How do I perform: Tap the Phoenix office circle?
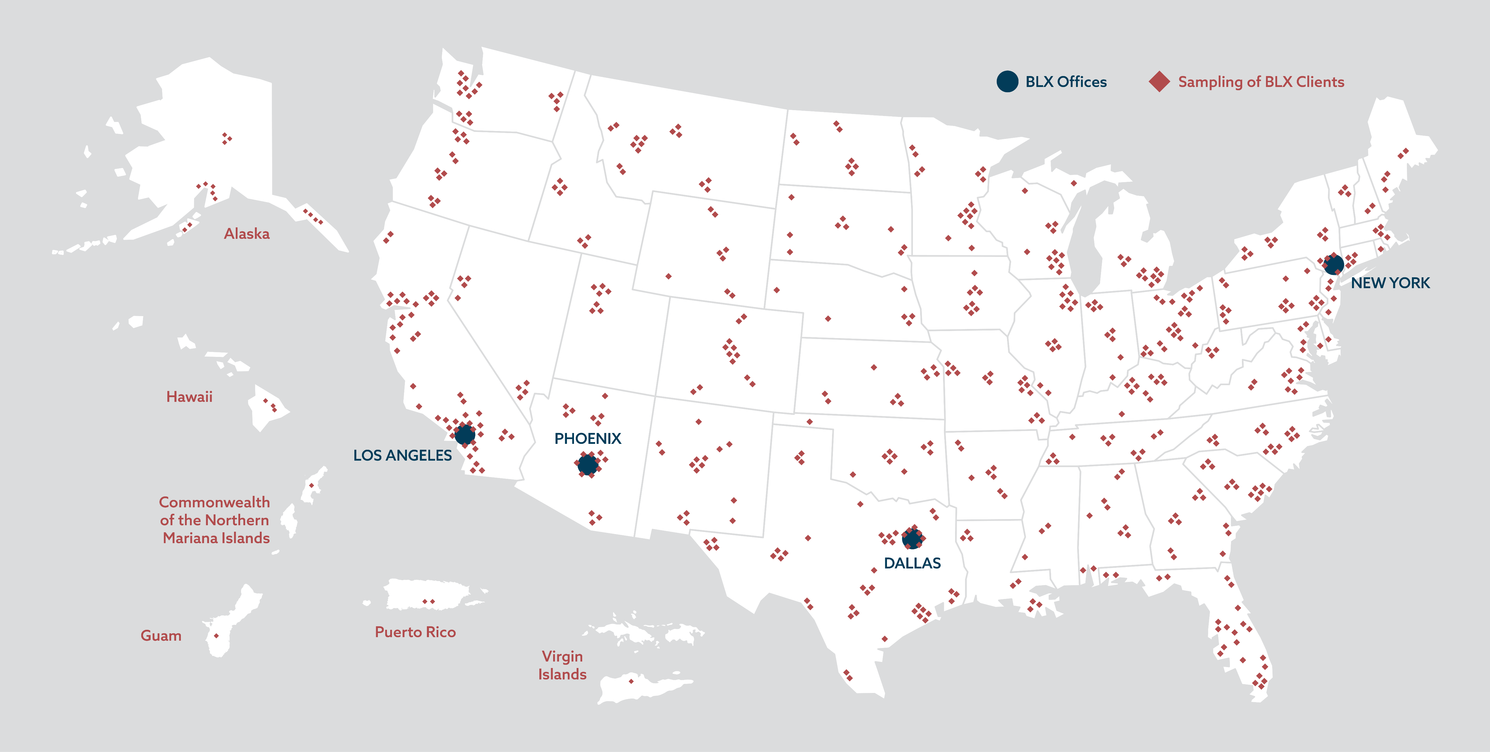pos(588,464)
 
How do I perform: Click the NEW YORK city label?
pos(1390,283)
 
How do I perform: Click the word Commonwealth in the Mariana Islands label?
pos(215,502)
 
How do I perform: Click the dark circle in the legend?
pos(1007,82)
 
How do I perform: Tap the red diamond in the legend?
pos(1159,82)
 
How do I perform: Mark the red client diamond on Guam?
pos(216,636)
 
